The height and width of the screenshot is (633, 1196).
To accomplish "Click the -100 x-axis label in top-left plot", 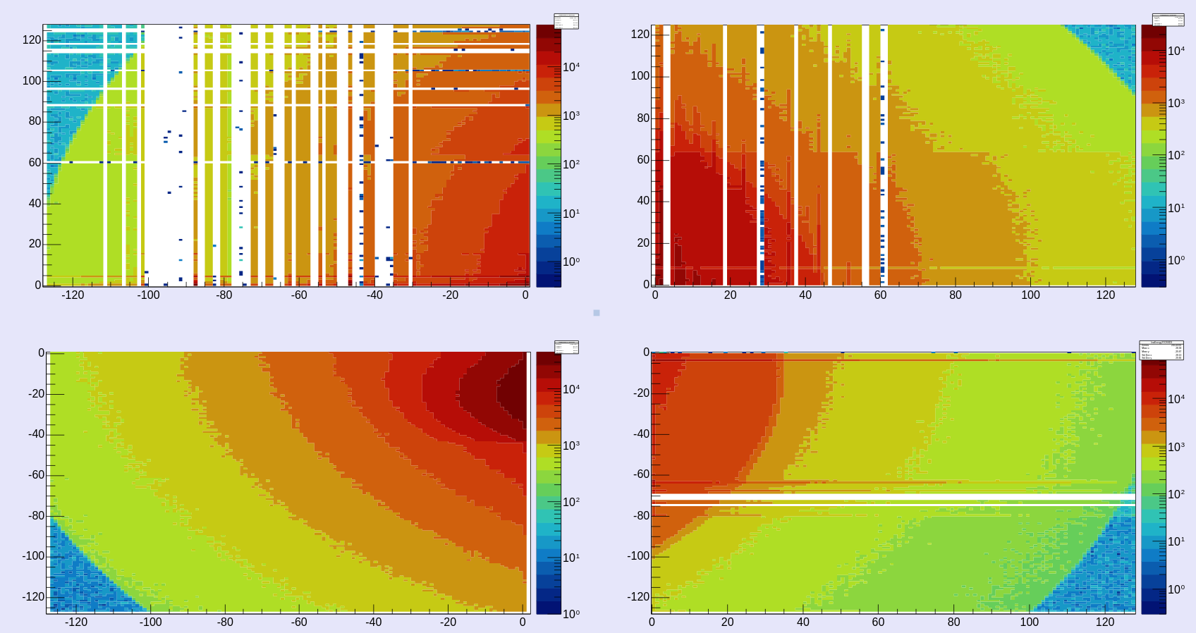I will [148, 295].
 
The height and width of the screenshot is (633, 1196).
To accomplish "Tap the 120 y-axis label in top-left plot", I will [32, 39].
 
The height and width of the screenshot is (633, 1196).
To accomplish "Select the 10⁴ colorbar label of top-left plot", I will [571, 67].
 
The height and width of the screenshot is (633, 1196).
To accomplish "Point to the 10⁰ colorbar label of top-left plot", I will [571, 262].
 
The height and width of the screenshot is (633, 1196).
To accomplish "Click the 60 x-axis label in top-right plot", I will [880, 295].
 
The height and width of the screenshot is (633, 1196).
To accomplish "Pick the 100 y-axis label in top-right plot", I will [640, 75].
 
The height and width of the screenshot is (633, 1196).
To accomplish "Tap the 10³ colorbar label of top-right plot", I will [1176, 103].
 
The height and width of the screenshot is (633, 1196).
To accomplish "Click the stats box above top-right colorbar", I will [1168, 20].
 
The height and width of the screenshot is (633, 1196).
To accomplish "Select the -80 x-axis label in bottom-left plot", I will [224, 622].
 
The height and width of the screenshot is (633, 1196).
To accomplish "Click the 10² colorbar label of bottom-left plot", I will [571, 502].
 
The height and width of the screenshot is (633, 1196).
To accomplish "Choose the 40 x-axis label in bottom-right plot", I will [803, 622].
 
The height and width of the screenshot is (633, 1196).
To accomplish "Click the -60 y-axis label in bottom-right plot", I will [641, 474].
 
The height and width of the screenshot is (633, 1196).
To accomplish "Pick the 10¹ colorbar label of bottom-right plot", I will [1176, 541].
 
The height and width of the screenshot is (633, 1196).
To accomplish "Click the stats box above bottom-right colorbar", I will [1161, 350].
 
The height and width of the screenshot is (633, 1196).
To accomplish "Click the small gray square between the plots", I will [597, 312].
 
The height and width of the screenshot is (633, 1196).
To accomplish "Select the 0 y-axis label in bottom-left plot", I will [41, 352].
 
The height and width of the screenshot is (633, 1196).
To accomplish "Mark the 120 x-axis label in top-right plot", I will [1105, 295].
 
